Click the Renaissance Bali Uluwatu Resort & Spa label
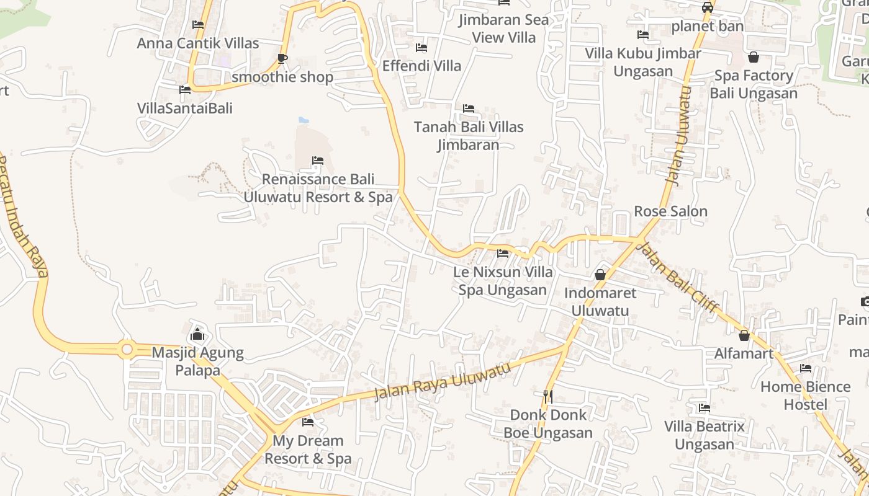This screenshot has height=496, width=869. [318, 188]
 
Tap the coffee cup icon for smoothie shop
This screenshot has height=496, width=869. [282, 59]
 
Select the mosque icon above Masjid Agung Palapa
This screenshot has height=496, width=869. [197, 335]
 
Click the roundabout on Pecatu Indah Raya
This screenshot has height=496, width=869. [127, 350]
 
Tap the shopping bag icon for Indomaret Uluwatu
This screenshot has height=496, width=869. [600, 274]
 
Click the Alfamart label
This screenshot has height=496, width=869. [744, 353]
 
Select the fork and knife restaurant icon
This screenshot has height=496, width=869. [547, 396]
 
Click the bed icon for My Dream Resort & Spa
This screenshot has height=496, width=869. [308, 422]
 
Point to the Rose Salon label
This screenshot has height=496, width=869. [670, 211]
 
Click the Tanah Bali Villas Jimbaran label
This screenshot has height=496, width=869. [469, 136]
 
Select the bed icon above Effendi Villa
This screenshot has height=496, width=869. [421, 48]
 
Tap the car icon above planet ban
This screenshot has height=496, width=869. [707, 7]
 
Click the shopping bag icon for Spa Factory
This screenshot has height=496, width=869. [754, 58]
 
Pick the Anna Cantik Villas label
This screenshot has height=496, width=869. [198, 43]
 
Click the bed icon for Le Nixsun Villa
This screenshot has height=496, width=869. [503, 253]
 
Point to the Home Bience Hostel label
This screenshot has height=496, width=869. [805, 396]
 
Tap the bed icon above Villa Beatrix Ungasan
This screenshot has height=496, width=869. [705, 408]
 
